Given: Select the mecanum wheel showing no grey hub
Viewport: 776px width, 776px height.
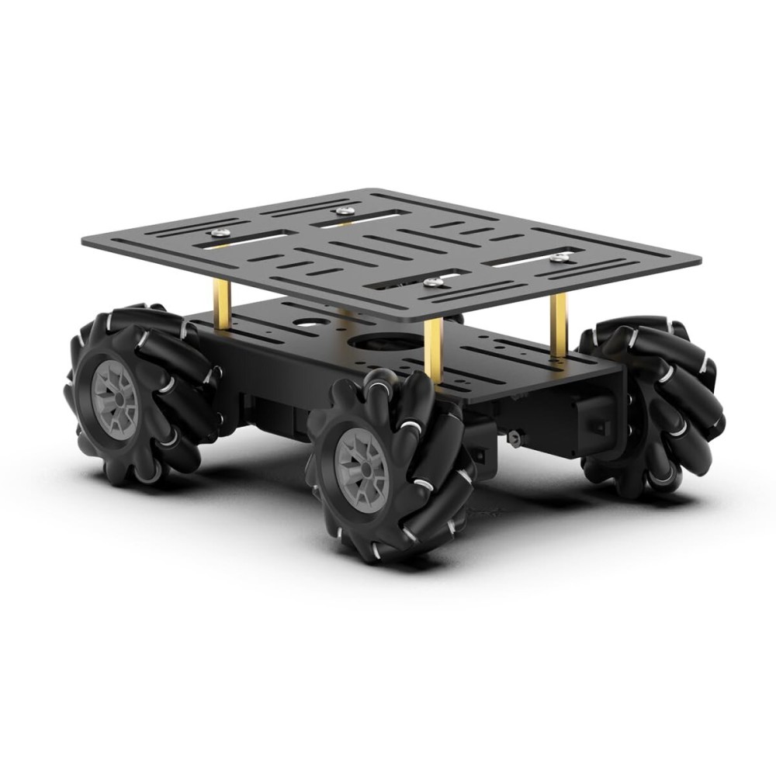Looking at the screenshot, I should tap(656, 404).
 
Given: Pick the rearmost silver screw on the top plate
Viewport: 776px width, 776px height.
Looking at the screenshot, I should tap(341, 210).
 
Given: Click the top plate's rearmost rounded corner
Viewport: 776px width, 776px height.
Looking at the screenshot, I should tap(374, 191).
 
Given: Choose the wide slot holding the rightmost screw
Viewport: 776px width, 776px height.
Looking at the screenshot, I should tap(535, 261).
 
